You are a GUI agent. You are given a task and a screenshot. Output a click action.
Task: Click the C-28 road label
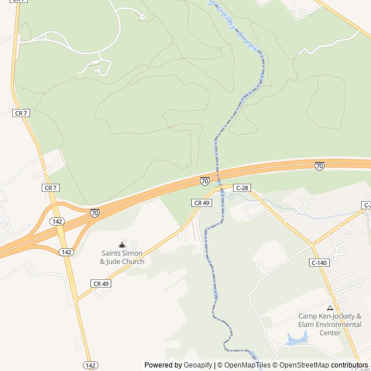pos(242,188)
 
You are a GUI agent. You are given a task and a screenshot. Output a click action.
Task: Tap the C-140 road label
pos(319,263)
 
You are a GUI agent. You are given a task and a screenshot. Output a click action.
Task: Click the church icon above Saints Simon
pos(122,245)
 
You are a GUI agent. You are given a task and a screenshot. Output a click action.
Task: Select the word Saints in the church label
pos(112,253)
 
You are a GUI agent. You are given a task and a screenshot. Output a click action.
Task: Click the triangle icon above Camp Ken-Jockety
pos(330,308)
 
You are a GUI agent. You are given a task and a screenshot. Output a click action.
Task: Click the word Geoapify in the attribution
pos(198,365)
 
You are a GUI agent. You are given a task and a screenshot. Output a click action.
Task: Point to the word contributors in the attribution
pos(350,365)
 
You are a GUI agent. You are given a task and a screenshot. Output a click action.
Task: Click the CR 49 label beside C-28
pos(201,203)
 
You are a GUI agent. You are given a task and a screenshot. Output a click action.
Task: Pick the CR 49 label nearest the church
pos(101,283)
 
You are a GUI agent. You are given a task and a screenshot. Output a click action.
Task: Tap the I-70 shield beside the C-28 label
pos(205,181)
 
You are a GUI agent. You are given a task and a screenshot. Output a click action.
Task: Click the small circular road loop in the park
pos(143,17)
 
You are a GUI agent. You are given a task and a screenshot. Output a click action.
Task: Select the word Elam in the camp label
pos(307,325)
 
